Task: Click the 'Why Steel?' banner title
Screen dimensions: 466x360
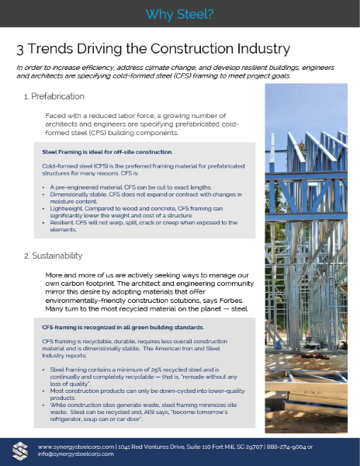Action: click(x=179, y=14)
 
